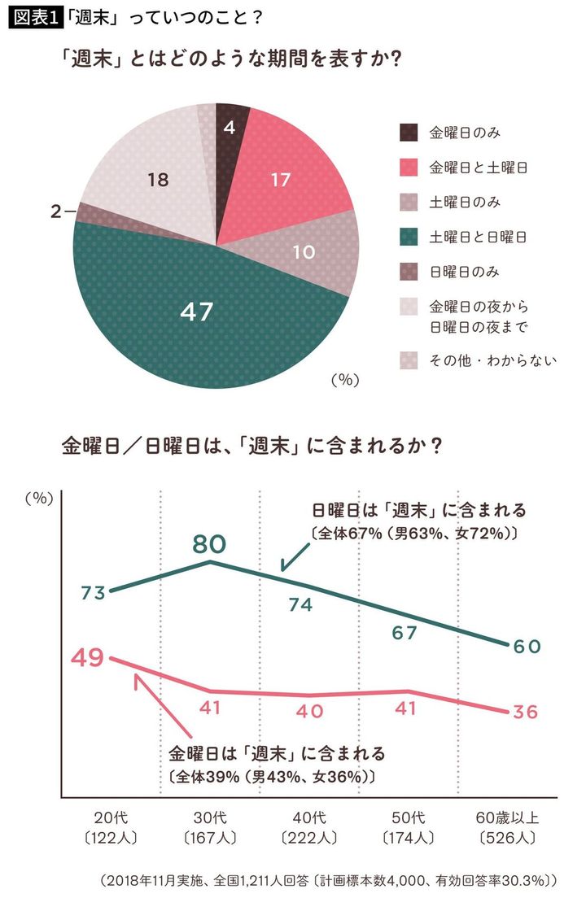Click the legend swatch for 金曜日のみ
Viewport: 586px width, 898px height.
pyautogui.click(x=409, y=133)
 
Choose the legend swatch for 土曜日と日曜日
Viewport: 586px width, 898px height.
pyautogui.click(x=409, y=237)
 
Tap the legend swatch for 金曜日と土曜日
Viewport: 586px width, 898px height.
pyautogui.click(x=409, y=168)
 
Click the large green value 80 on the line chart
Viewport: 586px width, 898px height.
pyautogui.click(x=209, y=543)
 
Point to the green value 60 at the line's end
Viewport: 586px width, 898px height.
pyautogui.click(x=526, y=646)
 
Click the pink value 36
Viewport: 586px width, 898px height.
pyautogui.click(x=526, y=712)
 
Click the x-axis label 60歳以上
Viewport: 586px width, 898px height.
pyautogui.click(x=505, y=817)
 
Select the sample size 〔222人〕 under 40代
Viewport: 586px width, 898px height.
pyautogui.click(x=309, y=837)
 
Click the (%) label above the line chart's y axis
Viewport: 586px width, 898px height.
pyautogui.click(x=37, y=499)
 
